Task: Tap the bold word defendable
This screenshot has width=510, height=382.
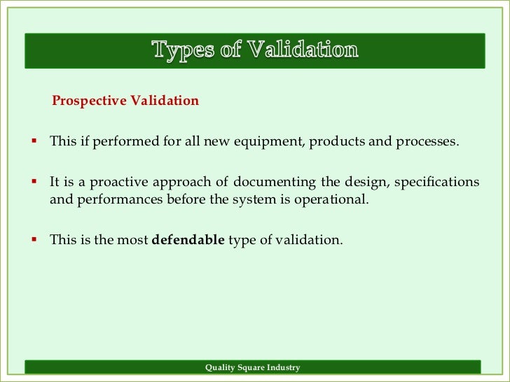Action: tap(188, 240)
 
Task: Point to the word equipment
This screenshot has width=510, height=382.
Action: tap(268, 142)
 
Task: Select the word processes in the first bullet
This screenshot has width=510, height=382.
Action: tap(427, 142)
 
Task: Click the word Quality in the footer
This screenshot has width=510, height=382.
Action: tap(220, 368)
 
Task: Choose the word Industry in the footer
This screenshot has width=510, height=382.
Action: tap(283, 368)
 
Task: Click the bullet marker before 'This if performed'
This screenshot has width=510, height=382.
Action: tap(32, 141)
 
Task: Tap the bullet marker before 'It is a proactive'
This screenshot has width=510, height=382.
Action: tap(32, 182)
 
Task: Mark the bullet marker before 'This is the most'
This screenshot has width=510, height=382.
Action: tap(32, 239)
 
